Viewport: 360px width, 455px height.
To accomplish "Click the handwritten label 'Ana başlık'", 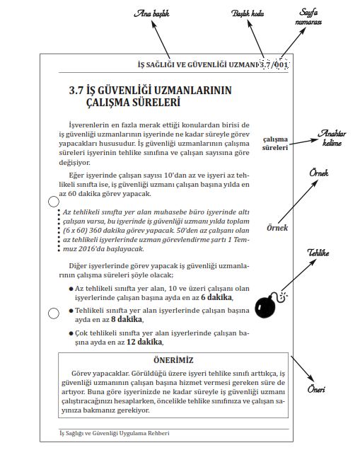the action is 151,13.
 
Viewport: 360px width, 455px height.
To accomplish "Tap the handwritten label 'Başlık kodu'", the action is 248,13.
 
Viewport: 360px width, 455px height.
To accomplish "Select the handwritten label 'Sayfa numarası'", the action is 308,17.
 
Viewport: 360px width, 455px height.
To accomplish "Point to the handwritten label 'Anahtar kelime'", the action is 332,138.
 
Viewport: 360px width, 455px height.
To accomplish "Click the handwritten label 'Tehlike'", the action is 318,253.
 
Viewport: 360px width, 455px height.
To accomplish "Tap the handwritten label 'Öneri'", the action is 316,389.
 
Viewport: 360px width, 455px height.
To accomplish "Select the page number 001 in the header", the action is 281,64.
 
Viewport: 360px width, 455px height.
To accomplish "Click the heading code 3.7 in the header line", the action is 265,64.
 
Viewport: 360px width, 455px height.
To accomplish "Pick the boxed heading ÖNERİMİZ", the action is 173,360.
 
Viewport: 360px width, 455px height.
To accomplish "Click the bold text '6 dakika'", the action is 216,297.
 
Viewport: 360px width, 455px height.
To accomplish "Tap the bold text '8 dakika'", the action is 127,319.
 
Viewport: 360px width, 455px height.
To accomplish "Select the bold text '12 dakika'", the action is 144,342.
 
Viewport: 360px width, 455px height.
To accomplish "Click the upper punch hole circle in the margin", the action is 53,202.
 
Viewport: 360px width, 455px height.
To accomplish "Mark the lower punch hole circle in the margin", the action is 53,313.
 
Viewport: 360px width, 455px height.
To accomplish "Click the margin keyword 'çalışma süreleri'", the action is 275,144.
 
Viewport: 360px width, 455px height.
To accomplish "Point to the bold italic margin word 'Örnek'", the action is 277,228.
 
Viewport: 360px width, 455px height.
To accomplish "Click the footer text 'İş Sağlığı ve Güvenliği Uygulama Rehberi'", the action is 115,433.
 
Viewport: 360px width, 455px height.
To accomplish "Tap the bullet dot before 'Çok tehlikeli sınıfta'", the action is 71,333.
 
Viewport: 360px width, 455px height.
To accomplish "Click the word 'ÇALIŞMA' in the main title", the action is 108,103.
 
